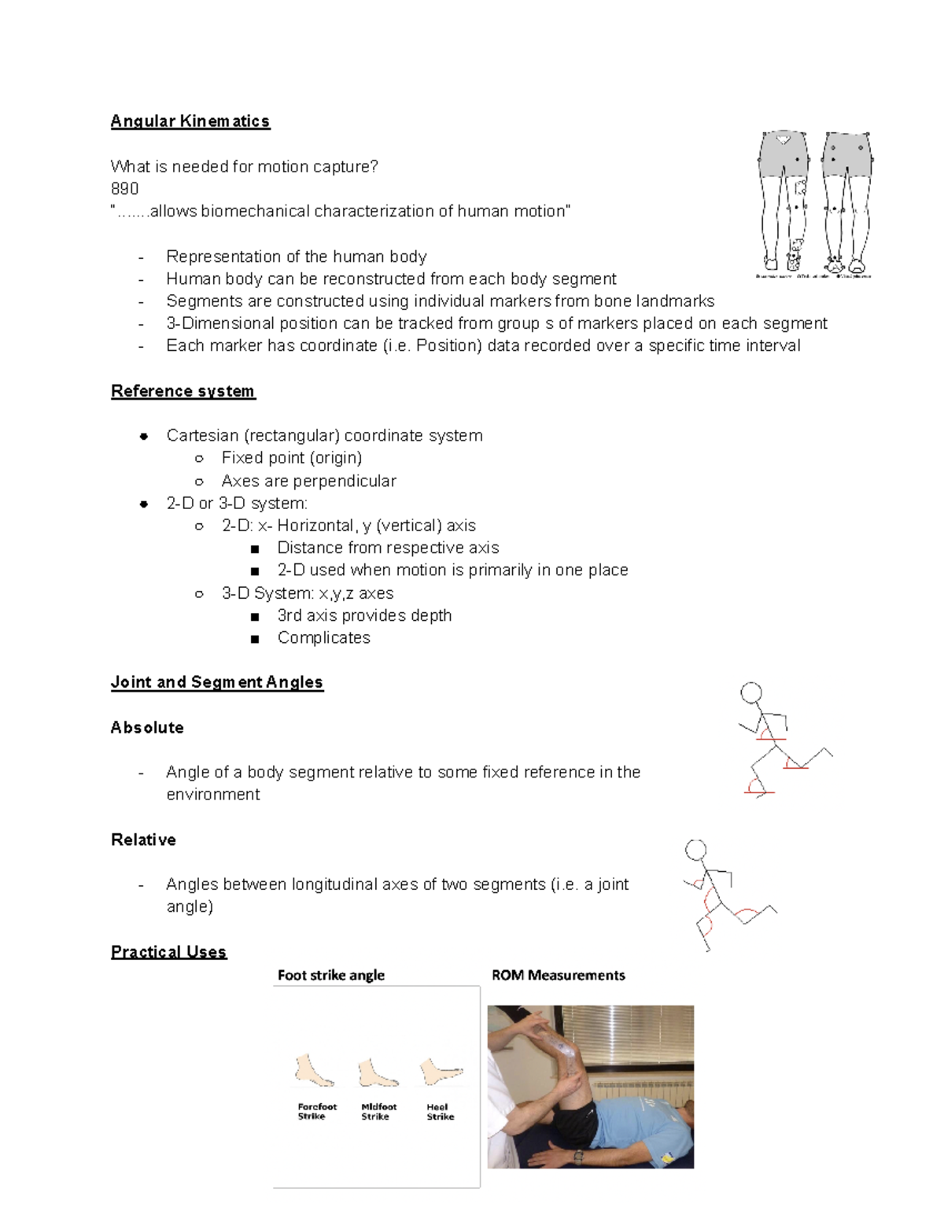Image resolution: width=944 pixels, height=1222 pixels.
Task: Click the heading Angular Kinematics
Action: (x=190, y=121)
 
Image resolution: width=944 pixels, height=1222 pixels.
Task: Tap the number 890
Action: (x=124, y=189)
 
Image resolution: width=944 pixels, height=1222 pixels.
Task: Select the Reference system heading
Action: (x=183, y=391)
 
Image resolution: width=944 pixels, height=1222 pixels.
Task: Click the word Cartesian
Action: (x=201, y=436)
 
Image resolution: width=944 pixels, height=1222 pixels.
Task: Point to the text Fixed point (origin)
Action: (x=291, y=458)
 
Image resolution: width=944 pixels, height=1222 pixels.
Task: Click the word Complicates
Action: (x=323, y=638)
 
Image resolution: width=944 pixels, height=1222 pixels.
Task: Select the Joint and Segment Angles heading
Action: (x=216, y=682)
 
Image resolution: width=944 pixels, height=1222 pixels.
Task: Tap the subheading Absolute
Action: (x=147, y=728)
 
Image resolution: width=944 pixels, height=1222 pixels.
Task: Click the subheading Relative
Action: (x=143, y=840)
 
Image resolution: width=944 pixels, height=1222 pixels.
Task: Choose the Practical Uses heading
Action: (x=168, y=952)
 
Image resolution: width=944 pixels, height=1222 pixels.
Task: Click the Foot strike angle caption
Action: (x=330, y=976)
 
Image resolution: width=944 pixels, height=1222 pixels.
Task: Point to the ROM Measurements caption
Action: (x=558, y=976)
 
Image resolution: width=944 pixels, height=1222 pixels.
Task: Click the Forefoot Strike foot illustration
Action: (x=314, y=1071)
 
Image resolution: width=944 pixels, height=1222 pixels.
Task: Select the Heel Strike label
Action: (x=440, y=1112)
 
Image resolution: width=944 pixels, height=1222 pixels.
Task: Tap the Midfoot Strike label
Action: (x=378, y=1112)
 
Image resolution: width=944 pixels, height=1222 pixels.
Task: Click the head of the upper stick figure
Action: (x=751, y=692)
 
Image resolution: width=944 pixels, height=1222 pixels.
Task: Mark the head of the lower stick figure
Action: (x=695, y=850)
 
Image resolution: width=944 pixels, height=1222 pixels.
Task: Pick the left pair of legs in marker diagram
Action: (x=784, y=201)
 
